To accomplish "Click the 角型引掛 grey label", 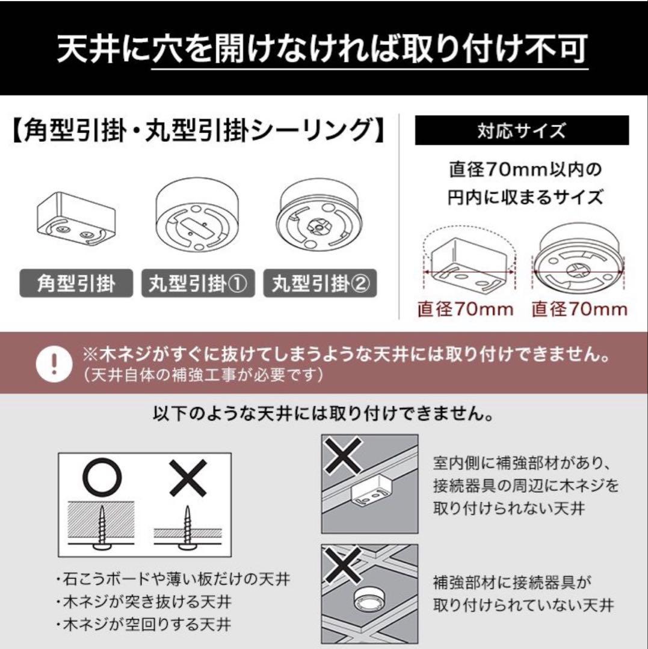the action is click(76, 283).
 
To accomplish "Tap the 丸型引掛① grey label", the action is click(198, 283).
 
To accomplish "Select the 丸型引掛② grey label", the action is click(320, 283).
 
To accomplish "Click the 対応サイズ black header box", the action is click(522, 130).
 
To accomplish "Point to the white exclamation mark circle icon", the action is click(54, 364).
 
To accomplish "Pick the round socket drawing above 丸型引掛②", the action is click(319, 215).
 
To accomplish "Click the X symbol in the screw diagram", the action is click(188, 478).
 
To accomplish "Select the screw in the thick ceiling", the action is click(102, 528).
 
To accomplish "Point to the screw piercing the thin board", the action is click(188, 528).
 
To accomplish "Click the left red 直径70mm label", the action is click(465, 309).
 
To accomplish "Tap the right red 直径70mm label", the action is click(579, 309).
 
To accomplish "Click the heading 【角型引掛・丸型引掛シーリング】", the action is click(197, 130).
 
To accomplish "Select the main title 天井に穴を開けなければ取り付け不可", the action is click(322, 49).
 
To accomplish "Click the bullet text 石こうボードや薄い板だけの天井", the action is click(173, 579).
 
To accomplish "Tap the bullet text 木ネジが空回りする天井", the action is click(143, 624).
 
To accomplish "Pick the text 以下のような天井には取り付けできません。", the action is click(323, 413).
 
